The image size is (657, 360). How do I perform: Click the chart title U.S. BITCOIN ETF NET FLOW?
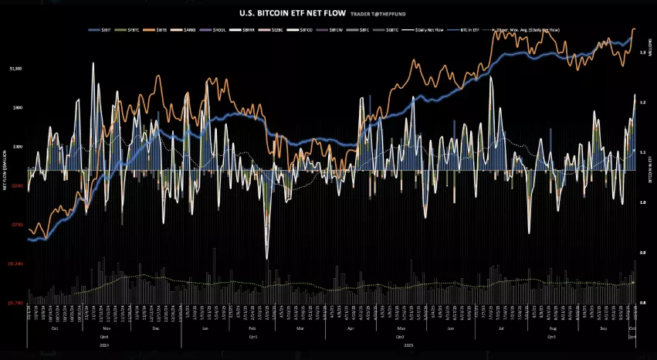tap(282, 12)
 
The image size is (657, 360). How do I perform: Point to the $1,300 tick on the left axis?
tap(16, 69)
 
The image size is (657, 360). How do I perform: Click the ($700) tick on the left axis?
tap(16, 224)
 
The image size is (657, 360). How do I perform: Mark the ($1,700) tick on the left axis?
tap(16, 303)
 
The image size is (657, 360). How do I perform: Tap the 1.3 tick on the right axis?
tap(642, 51)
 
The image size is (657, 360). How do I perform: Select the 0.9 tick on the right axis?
tap(642, 253)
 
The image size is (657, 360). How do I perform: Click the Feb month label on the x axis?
tap(256, 328)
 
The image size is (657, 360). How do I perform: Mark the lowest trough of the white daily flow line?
tap(266, 258)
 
